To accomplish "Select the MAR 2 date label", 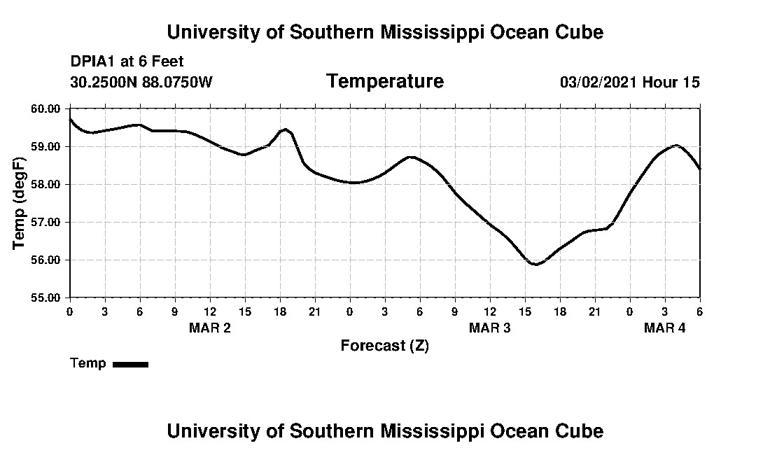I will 210,328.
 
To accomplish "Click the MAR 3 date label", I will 490,328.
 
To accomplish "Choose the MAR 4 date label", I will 665,328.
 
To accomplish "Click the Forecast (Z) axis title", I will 384,346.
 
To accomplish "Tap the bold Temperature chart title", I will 384,82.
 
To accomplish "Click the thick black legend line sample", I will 130,364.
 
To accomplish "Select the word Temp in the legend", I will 88,363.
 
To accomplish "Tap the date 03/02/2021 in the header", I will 598,83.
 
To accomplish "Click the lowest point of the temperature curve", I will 535,265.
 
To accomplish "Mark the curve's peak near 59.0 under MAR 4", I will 676,145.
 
